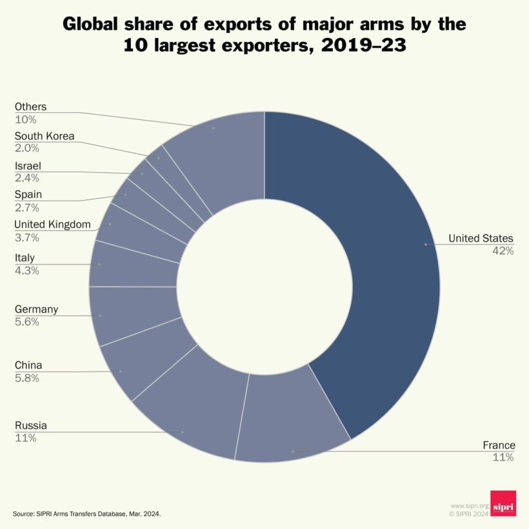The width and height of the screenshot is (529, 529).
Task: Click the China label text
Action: [28, 366]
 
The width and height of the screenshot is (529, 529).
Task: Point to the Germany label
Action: [36, 309]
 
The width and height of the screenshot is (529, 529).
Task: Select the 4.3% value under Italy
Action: [27, 270]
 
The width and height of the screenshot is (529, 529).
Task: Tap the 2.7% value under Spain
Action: [27, 207]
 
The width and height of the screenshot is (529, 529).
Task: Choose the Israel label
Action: [28, 166]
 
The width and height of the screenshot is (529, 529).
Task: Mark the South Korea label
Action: [45, 136]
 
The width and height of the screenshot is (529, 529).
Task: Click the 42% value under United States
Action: [503, 251]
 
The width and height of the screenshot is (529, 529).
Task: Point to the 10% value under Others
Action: [26, 119]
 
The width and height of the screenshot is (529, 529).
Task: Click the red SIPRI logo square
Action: [503, 503]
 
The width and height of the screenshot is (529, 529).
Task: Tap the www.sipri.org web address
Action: [470, 506]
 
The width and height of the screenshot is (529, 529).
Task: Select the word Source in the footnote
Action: [25, 514]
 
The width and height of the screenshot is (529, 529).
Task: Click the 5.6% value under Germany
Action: [27, 321]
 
